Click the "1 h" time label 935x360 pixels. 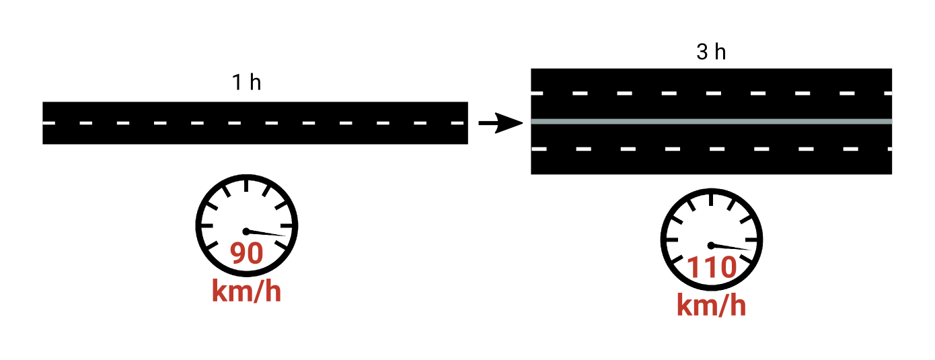(246, 82)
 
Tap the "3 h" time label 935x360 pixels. (711, 52)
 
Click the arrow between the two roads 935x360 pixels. (500, 122)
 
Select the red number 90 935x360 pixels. (246, 252)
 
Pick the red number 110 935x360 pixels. (712, 267)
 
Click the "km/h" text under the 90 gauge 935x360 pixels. (246, 291)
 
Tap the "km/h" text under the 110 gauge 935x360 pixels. (711, 305)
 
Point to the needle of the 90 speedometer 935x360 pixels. (266, 233)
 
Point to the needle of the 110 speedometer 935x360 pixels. (731, 247)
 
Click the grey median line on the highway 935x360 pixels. (711, 122)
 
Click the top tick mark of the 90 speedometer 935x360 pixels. (246, 186)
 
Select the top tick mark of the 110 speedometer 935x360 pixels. (711, 200)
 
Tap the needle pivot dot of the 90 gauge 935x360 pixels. (246, 231)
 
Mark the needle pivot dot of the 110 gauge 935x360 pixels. (711, 246)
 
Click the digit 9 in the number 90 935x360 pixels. (238, 252)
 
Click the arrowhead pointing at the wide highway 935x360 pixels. (509, 122)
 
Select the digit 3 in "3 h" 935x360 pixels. (702, 52)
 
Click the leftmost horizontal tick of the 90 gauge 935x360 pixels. (207, 225)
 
